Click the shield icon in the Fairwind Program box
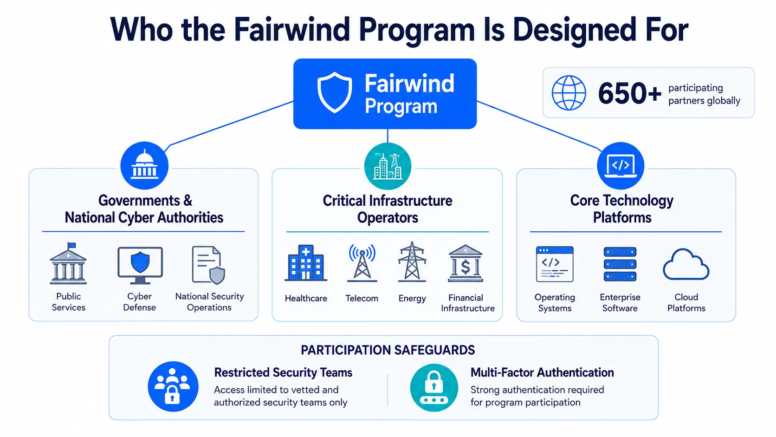[x=335, y=92]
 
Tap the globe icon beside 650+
[x=569, y=93]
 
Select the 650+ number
[x=629, y=93]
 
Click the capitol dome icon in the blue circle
[x=144, y=165]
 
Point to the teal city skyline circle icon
[x=388, y=166]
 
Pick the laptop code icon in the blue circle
[x=621, y=166]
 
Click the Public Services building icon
[x=68, y=263]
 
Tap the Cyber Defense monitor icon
[x=140, y=266]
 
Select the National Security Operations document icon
[x=208, y=265]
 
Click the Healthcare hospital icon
[x=306, y=263]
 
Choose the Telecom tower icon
[x=362, y=262]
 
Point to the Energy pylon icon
[x=412, y=261]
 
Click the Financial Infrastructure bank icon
[x=466, y=263]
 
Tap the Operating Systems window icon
[x=555, y=264]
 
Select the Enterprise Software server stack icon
[x=620, y=264]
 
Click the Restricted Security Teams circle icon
[x=173, y=386]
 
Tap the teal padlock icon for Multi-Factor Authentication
[x=434, y=387]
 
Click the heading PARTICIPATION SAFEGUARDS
[x=388, y=350]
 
